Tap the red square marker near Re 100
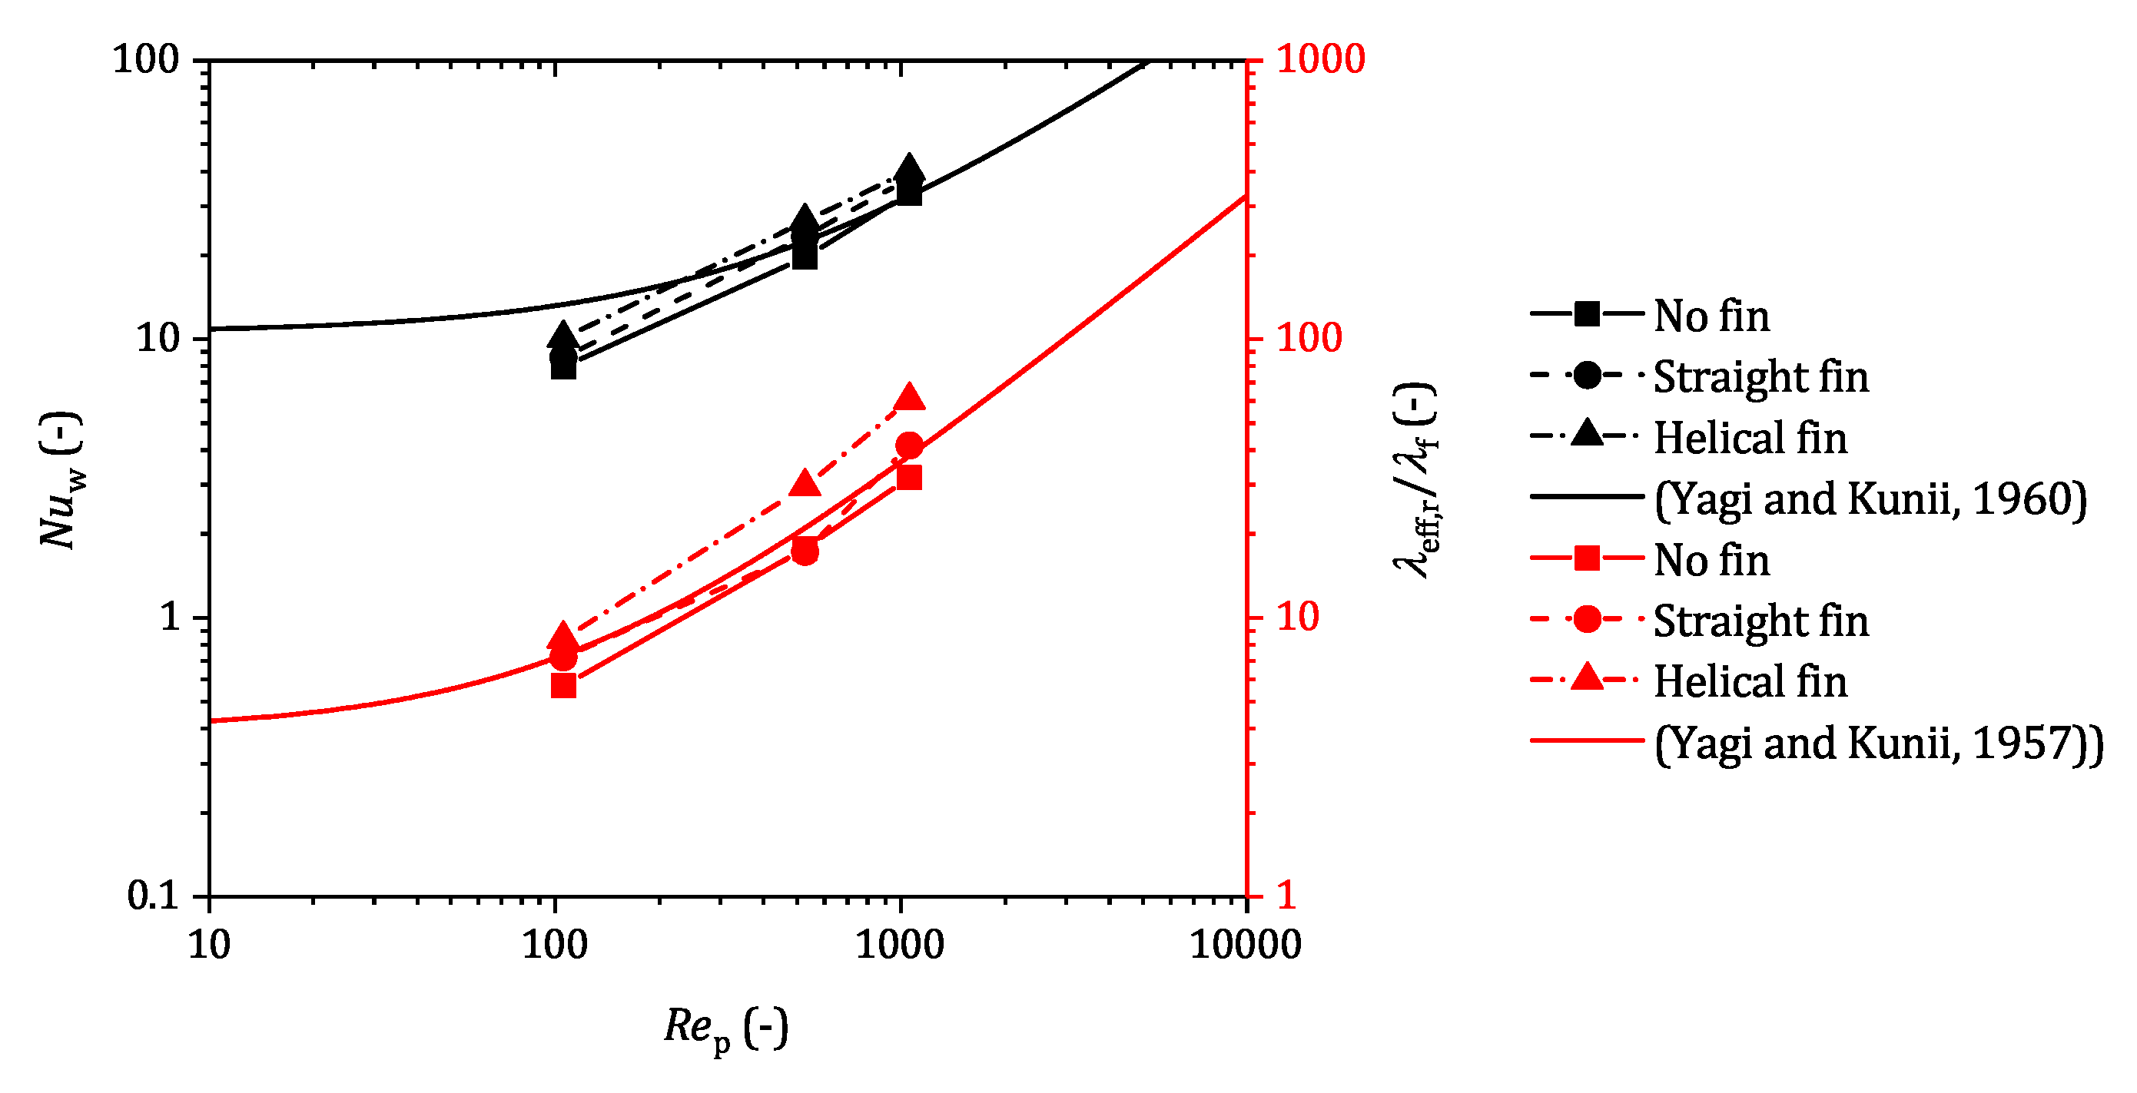[563, 686]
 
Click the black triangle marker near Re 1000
[909, 169]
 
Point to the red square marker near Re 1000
[909, 478]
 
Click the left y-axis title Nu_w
[61, 481]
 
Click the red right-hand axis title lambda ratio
[1415, 481]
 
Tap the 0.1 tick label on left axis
[153, 896]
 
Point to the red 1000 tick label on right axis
[1320, 60]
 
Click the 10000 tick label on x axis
[1244, 946]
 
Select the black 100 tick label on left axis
[146, 60]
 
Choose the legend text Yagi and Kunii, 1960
[1870, 499]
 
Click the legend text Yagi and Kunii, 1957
[1878, 743]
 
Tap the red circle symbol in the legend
[1586, 620]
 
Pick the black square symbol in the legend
[1586, 314]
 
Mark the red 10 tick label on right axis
[1296, 618]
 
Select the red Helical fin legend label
[1750, 681]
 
